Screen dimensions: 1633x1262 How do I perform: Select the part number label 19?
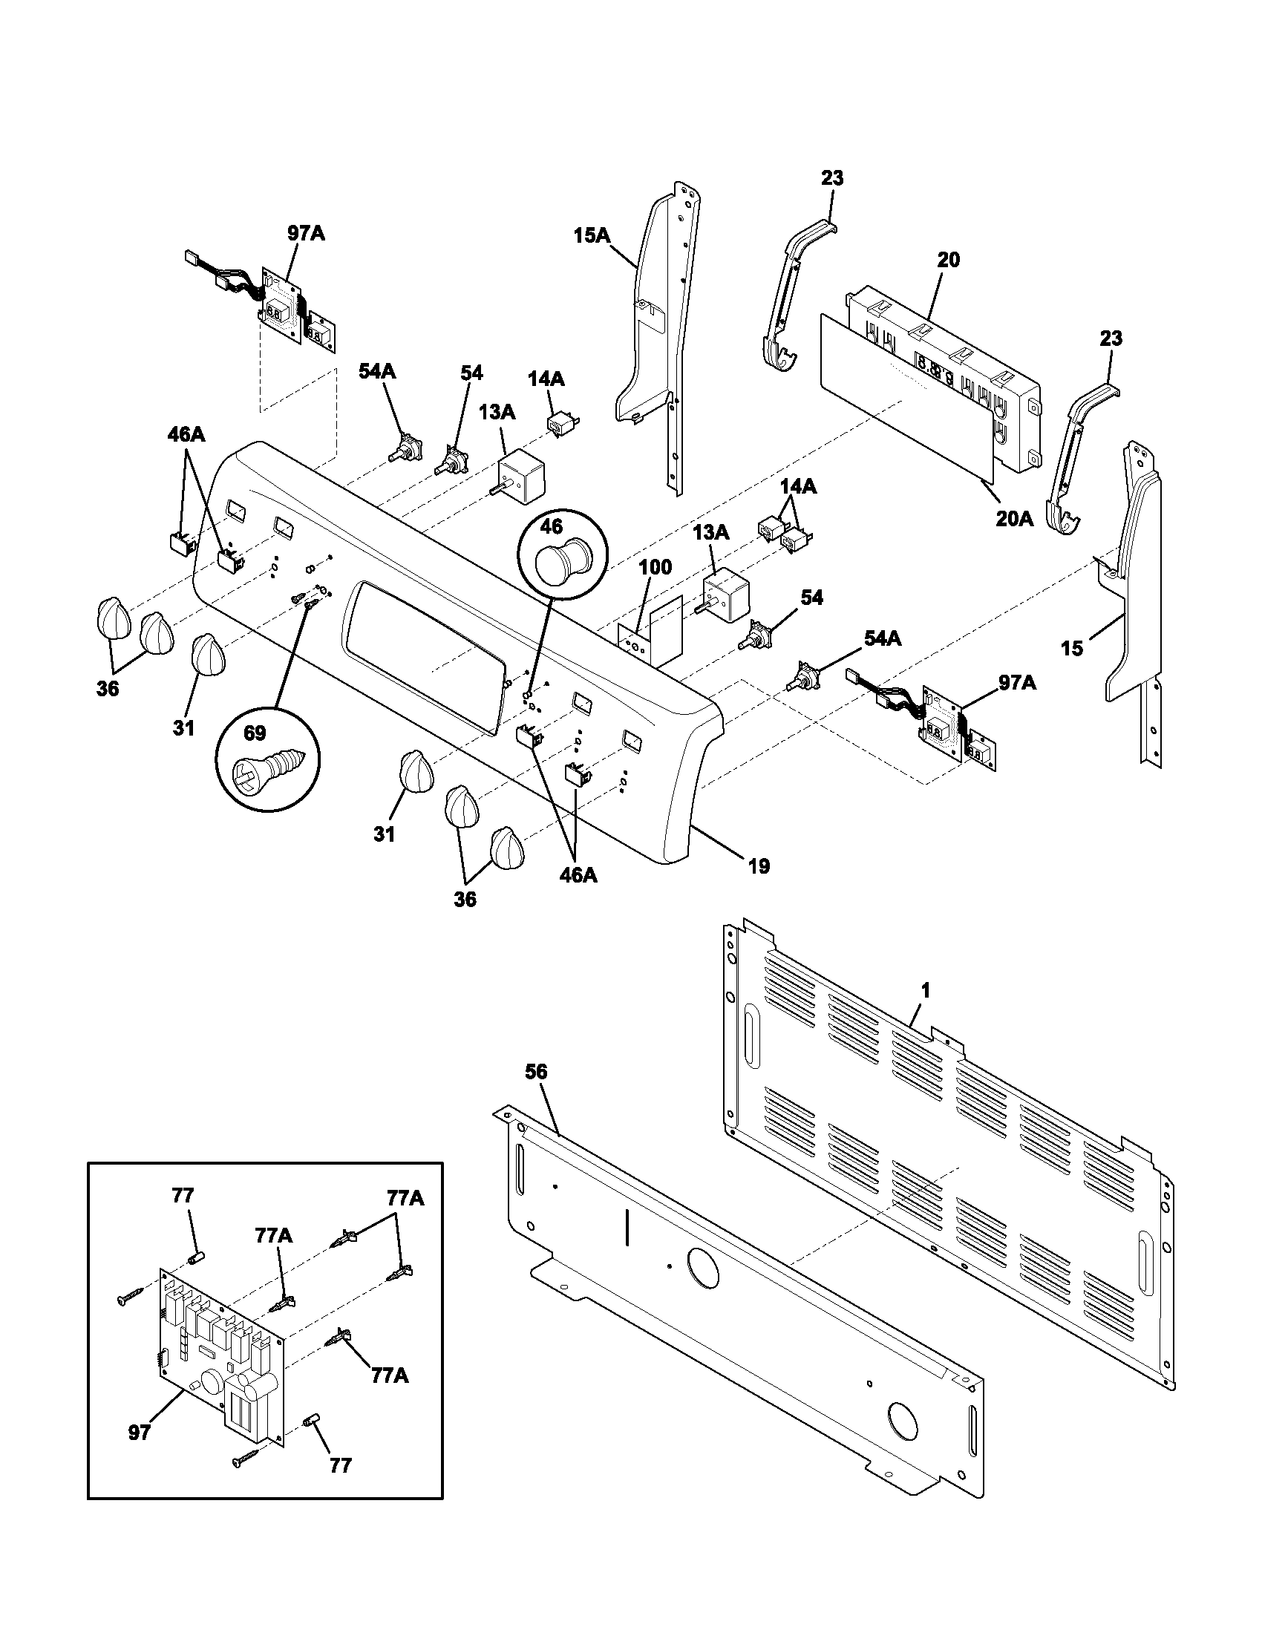click(x=758, y=866)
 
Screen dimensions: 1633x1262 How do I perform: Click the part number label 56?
click(x=535, y=1073)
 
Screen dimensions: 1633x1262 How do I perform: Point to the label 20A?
click(x=1014, y=518)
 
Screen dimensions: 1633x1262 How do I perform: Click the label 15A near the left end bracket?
click(x=592, y=236)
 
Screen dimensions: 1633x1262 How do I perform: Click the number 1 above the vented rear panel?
click(x=926, y=991)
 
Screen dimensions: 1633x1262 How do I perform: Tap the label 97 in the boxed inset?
click(x=139, y=1433)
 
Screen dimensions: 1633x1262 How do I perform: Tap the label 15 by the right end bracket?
click(x=1072, y=648)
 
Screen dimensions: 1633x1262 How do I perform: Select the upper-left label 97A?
click(x=306, y=233)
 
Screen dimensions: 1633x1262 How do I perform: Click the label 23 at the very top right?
click(x=831, y=178)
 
